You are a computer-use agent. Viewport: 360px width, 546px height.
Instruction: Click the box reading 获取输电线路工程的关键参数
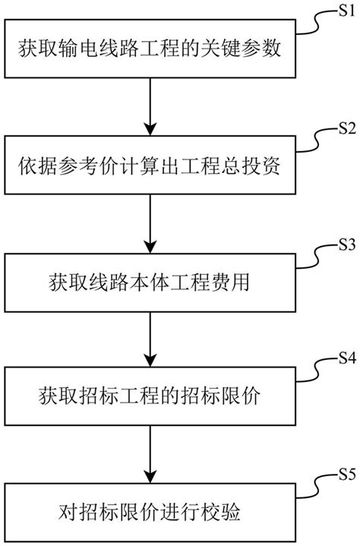click(152, 52)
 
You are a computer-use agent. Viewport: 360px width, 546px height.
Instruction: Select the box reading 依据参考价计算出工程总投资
click(152, 167)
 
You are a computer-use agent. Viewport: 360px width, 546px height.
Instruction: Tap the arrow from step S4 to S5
click(152, 456)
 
